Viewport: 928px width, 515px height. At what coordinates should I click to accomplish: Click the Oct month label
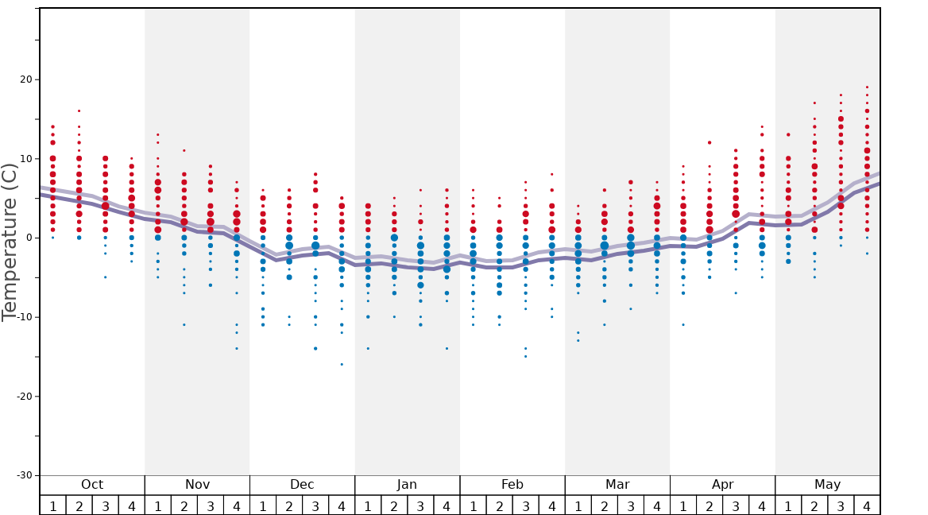(x=92, y=485)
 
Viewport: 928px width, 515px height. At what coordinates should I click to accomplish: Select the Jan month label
(x=407, y=485)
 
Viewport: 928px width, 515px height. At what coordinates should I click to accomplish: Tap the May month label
(x=827, y=485)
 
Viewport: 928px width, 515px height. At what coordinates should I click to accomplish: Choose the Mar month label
(x=617, y=485)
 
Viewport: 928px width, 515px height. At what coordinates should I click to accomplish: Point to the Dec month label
(x=302, y=485)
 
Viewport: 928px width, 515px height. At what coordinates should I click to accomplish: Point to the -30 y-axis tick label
(x=23, y=475)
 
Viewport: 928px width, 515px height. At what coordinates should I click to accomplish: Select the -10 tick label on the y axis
(x=23, y=317)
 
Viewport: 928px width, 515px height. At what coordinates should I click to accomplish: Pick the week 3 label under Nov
(x=211, y=505)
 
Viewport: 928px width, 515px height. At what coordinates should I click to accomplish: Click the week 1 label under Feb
(x=473, y=505)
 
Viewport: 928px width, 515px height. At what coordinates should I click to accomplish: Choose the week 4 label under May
(x=867, y=505)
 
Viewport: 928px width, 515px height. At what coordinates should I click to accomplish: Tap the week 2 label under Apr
(x=710, y=505)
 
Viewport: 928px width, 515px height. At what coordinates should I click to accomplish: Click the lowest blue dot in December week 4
(x=342, y=364)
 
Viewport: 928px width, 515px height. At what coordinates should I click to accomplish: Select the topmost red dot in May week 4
(x=867, y=87)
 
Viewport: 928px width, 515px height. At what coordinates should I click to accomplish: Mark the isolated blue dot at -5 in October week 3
(x=105, y=277)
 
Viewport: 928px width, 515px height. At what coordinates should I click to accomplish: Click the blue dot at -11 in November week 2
(x=184, y=324)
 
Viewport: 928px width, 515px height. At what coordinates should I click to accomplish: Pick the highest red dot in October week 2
(x=79, y=110)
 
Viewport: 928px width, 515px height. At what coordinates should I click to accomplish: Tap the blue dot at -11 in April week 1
(x=682, y=324)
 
